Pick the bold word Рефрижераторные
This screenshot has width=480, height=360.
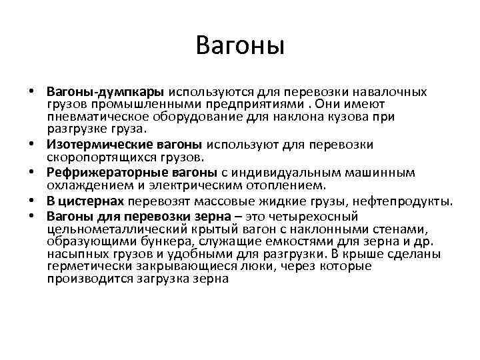99,173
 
